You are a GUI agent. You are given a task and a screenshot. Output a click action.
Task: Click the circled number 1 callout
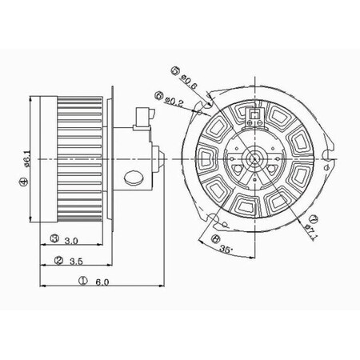click(85, 281)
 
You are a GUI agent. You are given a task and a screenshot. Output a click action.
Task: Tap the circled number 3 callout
click(54, 238)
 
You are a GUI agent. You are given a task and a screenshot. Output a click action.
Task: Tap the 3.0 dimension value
click(71, 238)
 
